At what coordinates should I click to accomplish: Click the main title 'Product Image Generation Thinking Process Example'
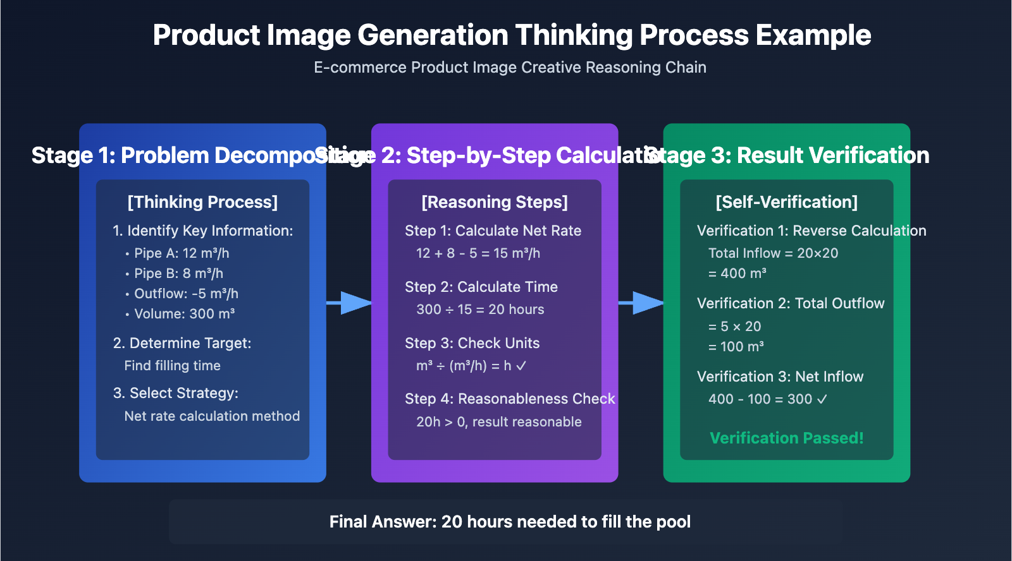pos(512,35)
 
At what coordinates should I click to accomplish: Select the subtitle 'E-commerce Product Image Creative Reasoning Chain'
pos(510,68)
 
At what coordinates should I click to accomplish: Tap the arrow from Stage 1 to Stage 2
pos(350,303)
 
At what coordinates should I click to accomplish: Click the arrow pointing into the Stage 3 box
pos(641,303)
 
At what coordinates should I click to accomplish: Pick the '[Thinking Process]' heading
pos(202,202)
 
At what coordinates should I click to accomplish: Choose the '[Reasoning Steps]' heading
pos(495,202)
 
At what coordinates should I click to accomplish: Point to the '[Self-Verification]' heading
pos(786,202)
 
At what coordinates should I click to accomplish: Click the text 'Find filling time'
pos(172,366)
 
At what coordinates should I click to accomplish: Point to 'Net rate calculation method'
pos(212,416)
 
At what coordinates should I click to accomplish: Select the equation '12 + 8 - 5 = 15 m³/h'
pos(478,253)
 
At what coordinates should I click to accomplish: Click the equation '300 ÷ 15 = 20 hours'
pos(480,310)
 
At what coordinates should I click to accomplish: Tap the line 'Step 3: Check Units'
pos(472,343)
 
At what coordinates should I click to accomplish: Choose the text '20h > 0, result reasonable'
pos(498,422)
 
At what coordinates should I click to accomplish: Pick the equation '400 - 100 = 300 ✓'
pos(767,399)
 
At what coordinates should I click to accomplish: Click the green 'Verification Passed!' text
pos(786,438)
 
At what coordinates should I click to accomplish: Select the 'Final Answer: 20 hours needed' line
pos(510,522)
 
